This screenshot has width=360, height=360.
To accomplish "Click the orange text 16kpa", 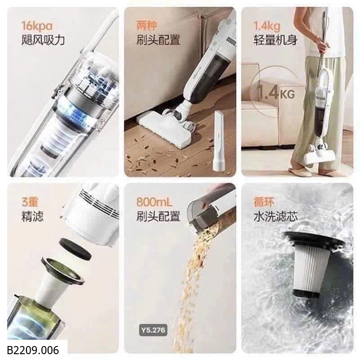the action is click(37, 26).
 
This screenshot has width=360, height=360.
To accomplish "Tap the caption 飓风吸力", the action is click(43, 40).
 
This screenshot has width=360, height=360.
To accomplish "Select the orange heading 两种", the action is click(147, 26).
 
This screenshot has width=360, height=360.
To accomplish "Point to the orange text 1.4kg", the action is click(267, 26).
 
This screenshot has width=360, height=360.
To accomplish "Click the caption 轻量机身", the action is click(275, 40).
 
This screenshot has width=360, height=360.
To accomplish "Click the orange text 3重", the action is click(30, 202).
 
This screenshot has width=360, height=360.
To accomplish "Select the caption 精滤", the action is click(32, 216).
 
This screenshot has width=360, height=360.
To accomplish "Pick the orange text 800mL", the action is click(154, 202).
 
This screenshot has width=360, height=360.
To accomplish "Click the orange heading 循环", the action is click(264, 202).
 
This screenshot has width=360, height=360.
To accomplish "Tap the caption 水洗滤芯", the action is click(275, 216).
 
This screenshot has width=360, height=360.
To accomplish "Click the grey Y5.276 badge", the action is click(153, 330).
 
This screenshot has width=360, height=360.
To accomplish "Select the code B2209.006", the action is click(33, 350).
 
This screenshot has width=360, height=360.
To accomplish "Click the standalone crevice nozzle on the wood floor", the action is click(219, 141).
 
